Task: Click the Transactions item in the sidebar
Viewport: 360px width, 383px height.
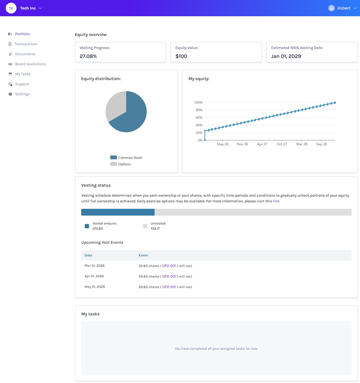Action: tap(26, 44)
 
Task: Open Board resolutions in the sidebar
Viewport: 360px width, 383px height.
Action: tap(30, 64)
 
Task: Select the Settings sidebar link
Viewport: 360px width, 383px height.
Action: tap(22, 94)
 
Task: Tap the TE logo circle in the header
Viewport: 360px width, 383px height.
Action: tap(11, 8)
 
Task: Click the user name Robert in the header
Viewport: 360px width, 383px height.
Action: tap(344, 8)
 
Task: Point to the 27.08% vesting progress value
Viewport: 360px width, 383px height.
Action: tap(88, 56)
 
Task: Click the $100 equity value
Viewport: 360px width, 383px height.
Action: tap(181, 56)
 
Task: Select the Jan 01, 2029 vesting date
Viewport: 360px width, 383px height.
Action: tap(286, 56)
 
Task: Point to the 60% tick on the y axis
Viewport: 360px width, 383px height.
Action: tap(198, 118)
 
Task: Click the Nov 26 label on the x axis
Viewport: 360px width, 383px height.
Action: tap(242, 144)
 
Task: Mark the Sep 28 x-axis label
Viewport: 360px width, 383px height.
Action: tap(322, 144)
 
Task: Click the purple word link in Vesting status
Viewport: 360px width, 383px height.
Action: tap(276, 201)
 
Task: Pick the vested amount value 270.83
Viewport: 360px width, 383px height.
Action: tap(97, 229)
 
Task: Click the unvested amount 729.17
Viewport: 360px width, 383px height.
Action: tap(155, 229)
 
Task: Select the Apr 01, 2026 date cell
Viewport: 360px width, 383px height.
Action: tap(95, 276)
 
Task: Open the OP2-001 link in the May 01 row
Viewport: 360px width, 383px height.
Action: tap(169, 287)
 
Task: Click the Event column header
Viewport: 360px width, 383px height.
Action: tap(143, 255)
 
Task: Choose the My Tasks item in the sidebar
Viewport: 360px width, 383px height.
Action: tap(23, 74)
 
